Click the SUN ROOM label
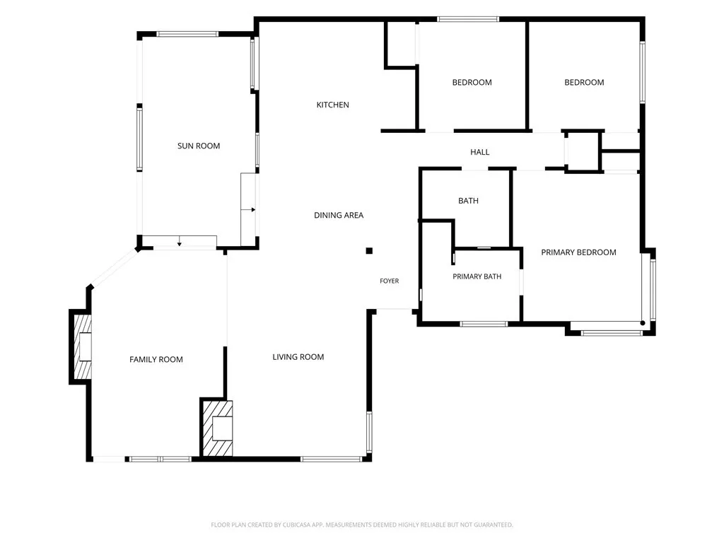(199, 146)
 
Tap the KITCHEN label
(332, 105)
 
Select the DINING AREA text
(339, 215)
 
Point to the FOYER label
(390, 281)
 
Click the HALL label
(480, 152)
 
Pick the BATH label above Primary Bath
(468, 201)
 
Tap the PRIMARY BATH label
(477, 276)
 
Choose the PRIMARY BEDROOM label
(578, 252)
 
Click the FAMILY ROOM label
(156, 360)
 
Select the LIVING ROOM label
(298, 357)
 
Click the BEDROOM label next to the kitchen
(472, 83)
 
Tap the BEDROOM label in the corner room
(584, 83)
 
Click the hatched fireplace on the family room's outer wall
(83, 346)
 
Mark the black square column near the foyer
(369, 251)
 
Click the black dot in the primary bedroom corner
(643, 323)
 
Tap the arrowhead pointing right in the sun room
(254, 210)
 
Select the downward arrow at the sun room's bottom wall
(179, 244)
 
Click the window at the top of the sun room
(187, 34)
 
